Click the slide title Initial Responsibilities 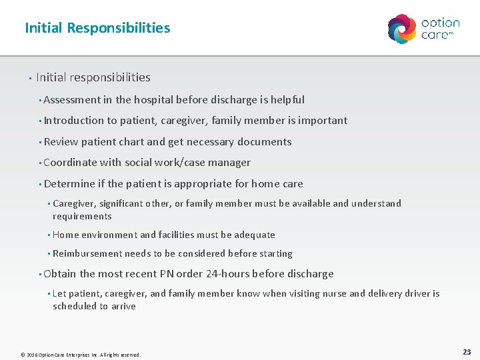[x=97, y=28]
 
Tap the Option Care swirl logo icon [x=402, y=29]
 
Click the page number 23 [x=467, y=351]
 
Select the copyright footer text [x=81, y=355]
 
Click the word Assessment [x=71, y=100]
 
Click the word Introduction [x=74, y=121]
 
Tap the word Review [x=61, y=142]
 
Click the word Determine [x=69, y=184]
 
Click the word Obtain [x=59, y=274]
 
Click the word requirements [x=82, y=216]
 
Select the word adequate [x=254, y=235]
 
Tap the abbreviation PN [x=167, y=274]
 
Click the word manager [x=229, y=163]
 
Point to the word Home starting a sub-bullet [x=65, y=235]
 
